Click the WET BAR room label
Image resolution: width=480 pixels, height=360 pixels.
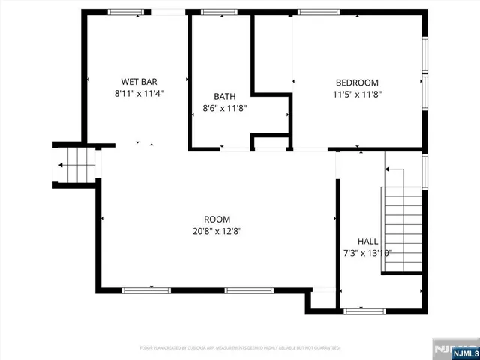click(x=139, y=82)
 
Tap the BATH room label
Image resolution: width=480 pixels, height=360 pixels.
click(x=224, y=96)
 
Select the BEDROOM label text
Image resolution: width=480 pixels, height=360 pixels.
click(x=356, y=82)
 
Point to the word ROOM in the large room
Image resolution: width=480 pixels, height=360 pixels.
click(x=217, y=219)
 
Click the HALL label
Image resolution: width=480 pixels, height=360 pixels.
click(x=367, y=241)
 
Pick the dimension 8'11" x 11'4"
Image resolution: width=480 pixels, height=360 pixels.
click(x=139, y=94)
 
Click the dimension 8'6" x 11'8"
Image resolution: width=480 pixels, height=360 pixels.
click(x=224, y=108)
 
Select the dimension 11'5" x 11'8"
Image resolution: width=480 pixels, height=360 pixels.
click(x=356, y=94)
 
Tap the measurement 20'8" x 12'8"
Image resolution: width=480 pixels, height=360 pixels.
click(x=217, y=231)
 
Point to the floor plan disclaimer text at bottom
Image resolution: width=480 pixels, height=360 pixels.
click(x=240, y=348)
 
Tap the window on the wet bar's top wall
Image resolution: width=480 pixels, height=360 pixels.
click(x=126, y=12)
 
